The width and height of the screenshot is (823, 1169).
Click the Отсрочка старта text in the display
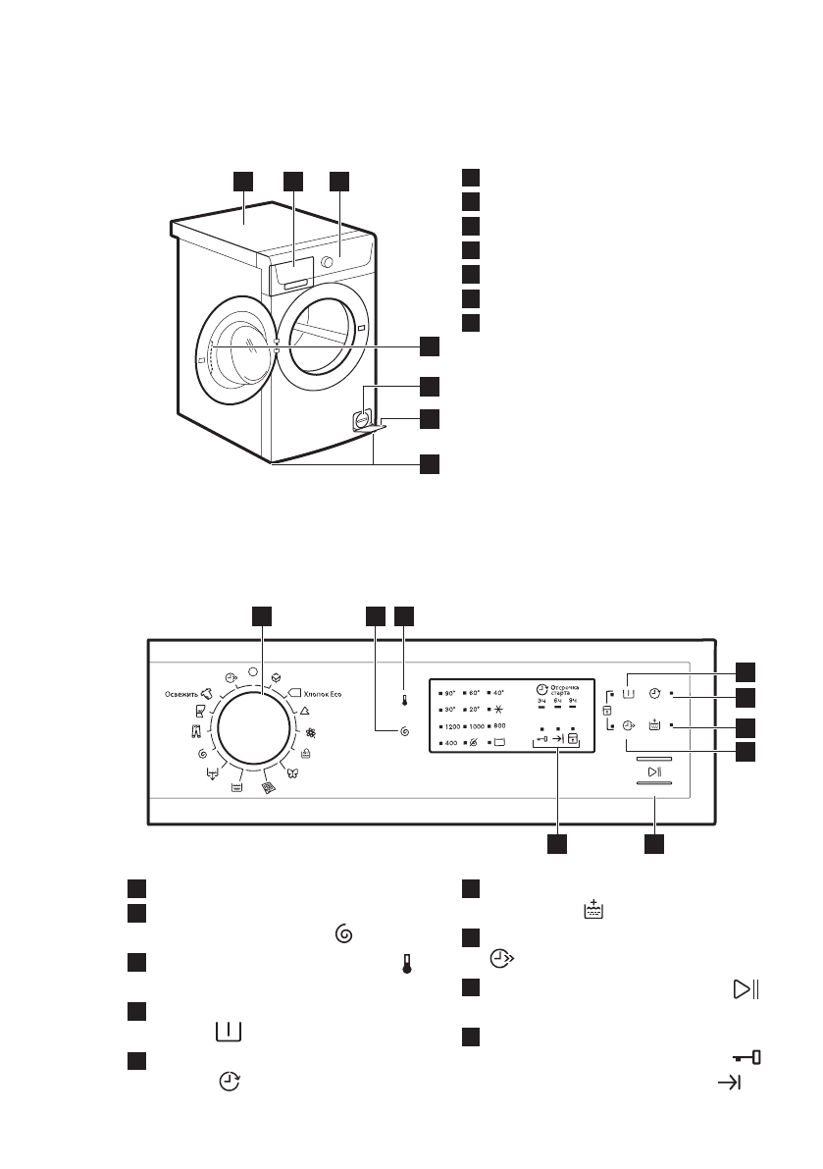566,689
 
